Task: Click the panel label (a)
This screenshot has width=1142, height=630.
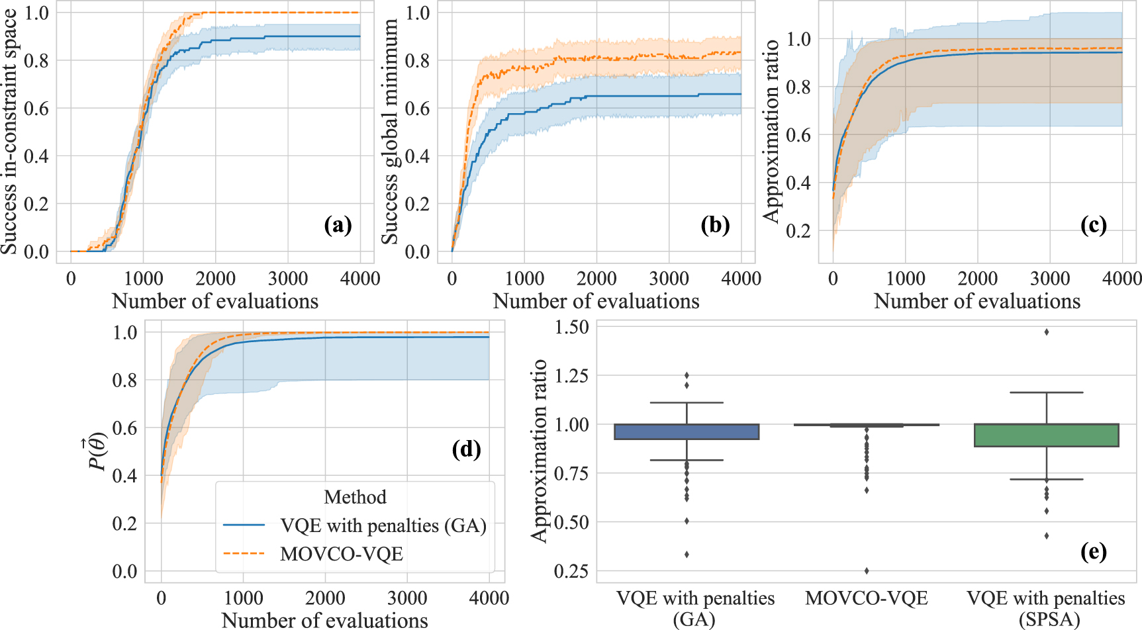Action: [338, 226]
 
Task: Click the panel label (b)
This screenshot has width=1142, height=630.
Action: [715, 226]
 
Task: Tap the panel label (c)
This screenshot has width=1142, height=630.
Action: [1093, 226]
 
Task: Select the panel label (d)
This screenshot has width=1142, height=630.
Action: [466, 449]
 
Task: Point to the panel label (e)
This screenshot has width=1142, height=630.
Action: [1093, 551]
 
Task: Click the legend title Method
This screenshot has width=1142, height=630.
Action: [355, 497]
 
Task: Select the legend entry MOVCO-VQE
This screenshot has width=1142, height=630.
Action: [341, 554]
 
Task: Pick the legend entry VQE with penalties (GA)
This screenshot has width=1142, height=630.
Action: [383, 525]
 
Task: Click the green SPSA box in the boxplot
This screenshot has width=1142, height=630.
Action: [1047, 435]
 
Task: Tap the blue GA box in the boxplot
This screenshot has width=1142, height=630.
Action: [687, 431]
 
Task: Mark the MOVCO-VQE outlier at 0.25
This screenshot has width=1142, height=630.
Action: [867, 570]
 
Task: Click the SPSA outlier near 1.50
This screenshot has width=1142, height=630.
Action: [1047, 332]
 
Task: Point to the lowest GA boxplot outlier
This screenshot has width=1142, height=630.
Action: [687, 555]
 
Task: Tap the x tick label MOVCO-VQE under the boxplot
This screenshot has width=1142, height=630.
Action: [867, 599]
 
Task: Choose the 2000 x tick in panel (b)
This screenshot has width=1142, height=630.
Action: [596, 279]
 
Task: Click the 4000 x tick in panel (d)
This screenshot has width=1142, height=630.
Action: [489, 598]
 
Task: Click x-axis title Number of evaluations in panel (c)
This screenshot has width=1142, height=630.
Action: [976, 302]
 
